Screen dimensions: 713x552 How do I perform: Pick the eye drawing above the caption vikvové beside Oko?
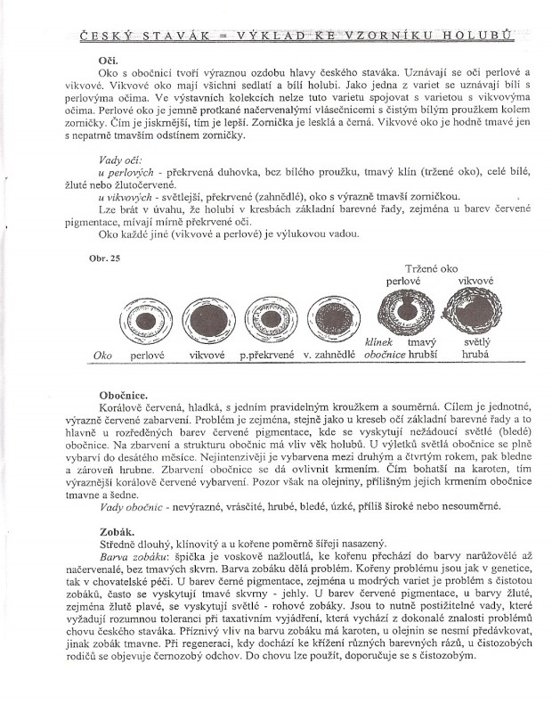pos(207,318)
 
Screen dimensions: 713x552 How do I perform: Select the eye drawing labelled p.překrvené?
pos(267,318)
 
